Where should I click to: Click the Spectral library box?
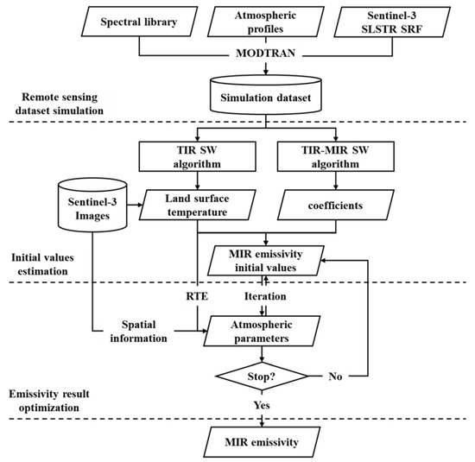pos(134,21)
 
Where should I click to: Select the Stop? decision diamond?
pos(263,377)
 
